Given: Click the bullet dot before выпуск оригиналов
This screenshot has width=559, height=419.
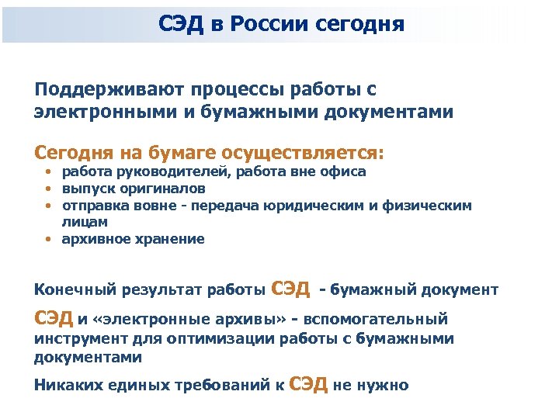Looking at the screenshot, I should pos(48,189).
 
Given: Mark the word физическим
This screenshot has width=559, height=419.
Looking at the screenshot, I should pos(433,206).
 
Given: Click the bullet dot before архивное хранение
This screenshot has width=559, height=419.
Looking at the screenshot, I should pos(48,240).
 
